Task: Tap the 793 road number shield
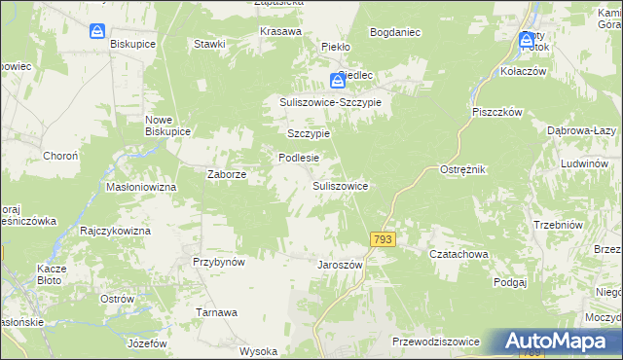click(x=382, y=238)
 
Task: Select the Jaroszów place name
click(x=340, y=264)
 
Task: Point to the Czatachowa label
click(x=458, y=254)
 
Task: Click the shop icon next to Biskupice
click(x=97, y=32)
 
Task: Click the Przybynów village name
click(x=218, y=262)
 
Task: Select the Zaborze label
click(x=226, y=175)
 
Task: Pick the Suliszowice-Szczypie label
click(x=331, y=101)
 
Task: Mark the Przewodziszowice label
click(x=435, y=342)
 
